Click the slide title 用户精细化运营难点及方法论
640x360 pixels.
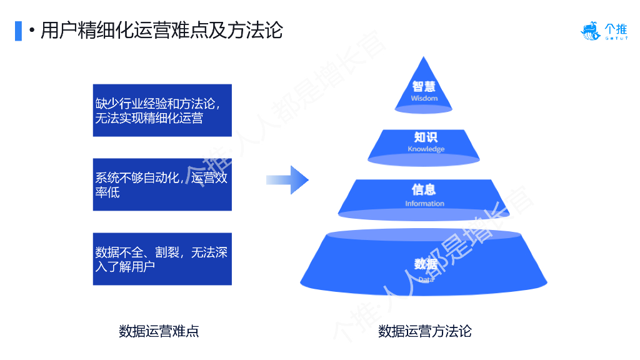162,30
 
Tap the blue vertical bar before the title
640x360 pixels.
18,30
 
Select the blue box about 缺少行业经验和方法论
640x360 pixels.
162,110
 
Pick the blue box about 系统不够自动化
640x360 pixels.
162,184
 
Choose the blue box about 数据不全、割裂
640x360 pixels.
162,259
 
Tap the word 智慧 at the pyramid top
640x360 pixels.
424,87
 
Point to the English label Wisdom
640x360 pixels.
424,99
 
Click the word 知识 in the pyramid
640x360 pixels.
425,137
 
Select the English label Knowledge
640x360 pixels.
426,149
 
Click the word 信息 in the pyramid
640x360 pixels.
424,190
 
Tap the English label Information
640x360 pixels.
424,204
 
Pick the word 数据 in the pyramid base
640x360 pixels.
426,264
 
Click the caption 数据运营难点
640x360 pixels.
159,331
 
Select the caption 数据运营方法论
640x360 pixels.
424,331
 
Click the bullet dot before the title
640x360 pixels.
31,30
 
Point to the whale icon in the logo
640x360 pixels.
590,31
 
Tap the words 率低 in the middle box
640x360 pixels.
107,192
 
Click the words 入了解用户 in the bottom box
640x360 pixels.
125,267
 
